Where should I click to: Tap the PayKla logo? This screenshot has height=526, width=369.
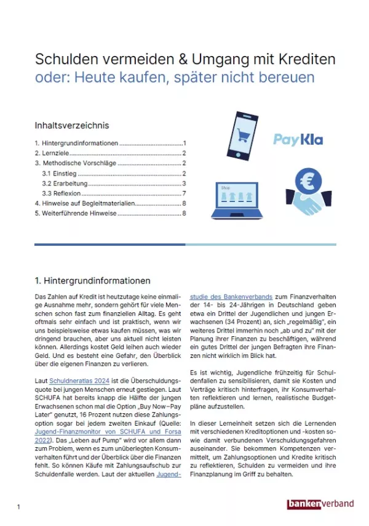point(298,140)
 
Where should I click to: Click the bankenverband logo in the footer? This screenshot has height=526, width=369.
point(320,504)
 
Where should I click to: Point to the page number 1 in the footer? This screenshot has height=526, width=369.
point(19,507)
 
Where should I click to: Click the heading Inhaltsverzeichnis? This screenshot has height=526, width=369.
point(72,125)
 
